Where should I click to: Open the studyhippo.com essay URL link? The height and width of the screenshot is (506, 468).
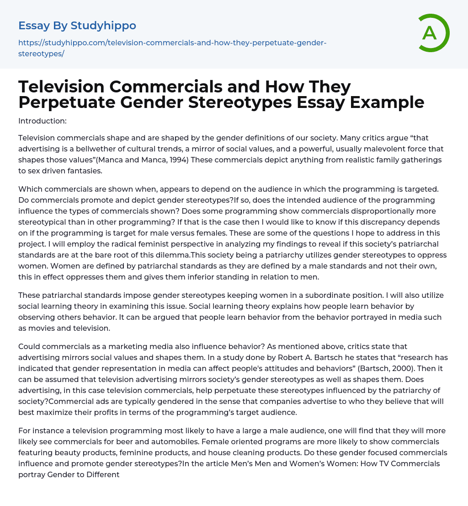coord(172,48)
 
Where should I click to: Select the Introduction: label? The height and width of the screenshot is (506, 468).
coord(42,121)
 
